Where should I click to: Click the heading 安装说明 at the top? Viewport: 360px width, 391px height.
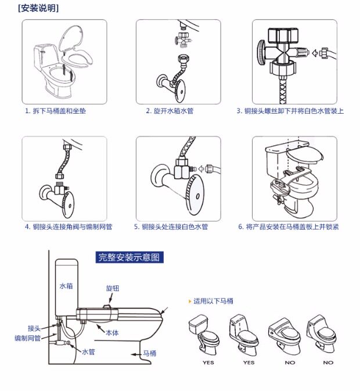[x=38, y=8]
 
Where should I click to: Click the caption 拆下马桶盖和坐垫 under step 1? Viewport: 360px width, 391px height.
[x=56, y=111]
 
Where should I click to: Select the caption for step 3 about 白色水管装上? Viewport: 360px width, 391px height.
[x=290, y=111]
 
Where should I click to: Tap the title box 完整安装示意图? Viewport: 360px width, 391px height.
[x=128, y=257]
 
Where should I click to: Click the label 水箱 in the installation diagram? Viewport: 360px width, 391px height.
[x=65, y=286]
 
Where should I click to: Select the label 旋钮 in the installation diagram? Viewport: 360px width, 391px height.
[x=112, y=288]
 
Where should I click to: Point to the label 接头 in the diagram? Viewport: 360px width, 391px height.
[x=34, y=327]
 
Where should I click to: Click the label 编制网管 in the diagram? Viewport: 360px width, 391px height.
[x=27, y=337]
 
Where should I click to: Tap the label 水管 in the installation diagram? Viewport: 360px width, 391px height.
[x=88, y=352]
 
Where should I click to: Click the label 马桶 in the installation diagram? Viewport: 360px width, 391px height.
[x=150, y=353]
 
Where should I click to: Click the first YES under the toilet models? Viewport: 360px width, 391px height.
[x=208, y=363]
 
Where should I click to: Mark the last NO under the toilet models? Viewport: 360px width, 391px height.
[x=328, y=363]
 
